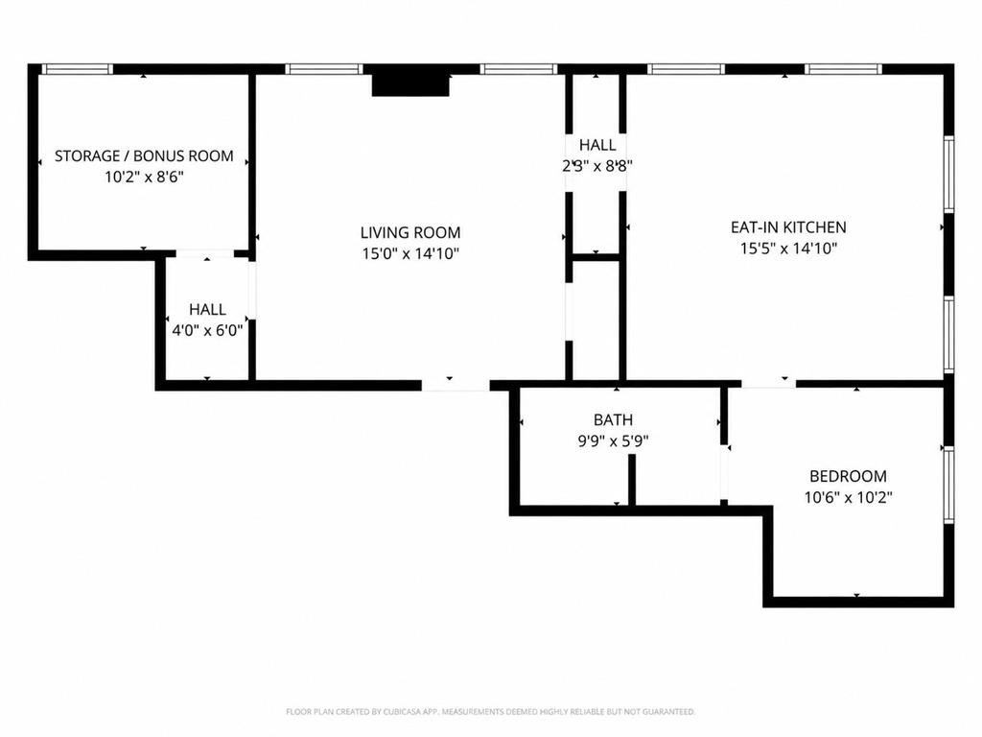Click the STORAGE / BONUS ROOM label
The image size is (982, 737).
[144, 156]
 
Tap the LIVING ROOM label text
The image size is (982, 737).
[410, 232]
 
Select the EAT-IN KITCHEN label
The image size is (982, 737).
[788, 226]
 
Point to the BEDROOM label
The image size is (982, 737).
[848, 476]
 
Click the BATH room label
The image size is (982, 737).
[613, 420]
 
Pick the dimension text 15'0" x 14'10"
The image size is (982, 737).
[410, 253]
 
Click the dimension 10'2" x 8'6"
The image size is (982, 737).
[144, 178]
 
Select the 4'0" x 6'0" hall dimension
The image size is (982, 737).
[207, 330]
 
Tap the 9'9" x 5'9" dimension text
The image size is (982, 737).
[613, 441]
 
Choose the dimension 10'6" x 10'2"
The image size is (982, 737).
[849, 498]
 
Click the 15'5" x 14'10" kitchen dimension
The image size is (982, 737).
[789, 249]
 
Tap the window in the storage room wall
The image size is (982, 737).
[77, 69]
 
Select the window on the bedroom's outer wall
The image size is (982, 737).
[948, 485]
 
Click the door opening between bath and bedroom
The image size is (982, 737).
[725, 470]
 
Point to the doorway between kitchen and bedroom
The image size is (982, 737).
[768, 383]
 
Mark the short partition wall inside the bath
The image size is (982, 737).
[632, 480]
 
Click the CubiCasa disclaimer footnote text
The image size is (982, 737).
[490, 712]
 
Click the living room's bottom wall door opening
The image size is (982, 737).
[456, 385]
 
